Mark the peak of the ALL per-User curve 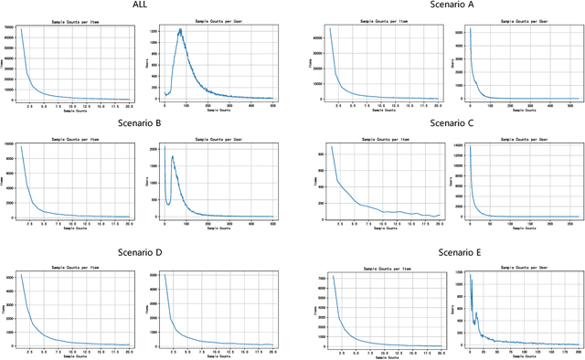[181, 29]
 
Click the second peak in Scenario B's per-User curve [173, 156]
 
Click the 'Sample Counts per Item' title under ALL [75, 19]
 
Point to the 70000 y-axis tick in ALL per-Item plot [7, 28]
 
